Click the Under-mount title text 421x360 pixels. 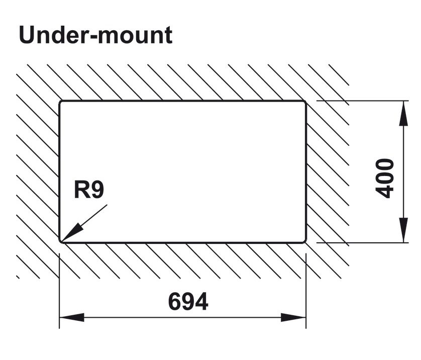[x=95, y=35]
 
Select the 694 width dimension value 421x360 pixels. [x=188, y=302]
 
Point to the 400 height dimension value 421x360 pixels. [x=385, y=178]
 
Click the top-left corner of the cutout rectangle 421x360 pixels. [x=61, y=102]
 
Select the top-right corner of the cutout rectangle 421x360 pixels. [x=304, y=102]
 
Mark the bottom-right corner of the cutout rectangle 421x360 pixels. [x=304, y=241]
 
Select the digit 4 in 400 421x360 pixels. [x=385, y=191]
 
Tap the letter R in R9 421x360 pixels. [x=82, y=190]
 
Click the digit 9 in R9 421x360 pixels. [x=97, y=190]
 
